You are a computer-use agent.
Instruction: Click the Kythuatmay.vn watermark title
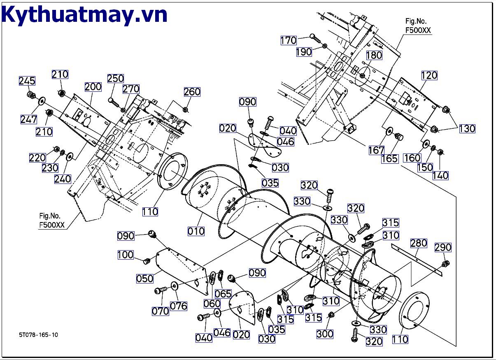pos(84,15)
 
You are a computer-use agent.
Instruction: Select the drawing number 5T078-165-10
pos(38,334)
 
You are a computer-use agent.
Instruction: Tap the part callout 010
pos(196,231)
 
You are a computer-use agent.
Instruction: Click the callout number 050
pos(145,278)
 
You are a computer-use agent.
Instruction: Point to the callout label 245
pos(27,81)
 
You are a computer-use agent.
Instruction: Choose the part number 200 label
pos(93,87)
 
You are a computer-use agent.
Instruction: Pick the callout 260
pos(192,92)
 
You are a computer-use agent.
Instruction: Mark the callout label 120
pos(429,75)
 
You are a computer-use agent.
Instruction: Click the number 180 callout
pos(374,55)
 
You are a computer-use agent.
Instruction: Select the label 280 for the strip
pos(419,243)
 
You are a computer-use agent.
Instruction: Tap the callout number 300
pos(325,334)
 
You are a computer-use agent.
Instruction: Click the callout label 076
pos(179,306)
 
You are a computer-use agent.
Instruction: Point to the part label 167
pos(376,151)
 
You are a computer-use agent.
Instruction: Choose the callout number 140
pos(440,176)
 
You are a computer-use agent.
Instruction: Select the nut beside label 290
pos(445,263)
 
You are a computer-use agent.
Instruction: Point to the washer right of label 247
pos(42,101)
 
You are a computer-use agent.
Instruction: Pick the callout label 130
pos(467,129)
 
